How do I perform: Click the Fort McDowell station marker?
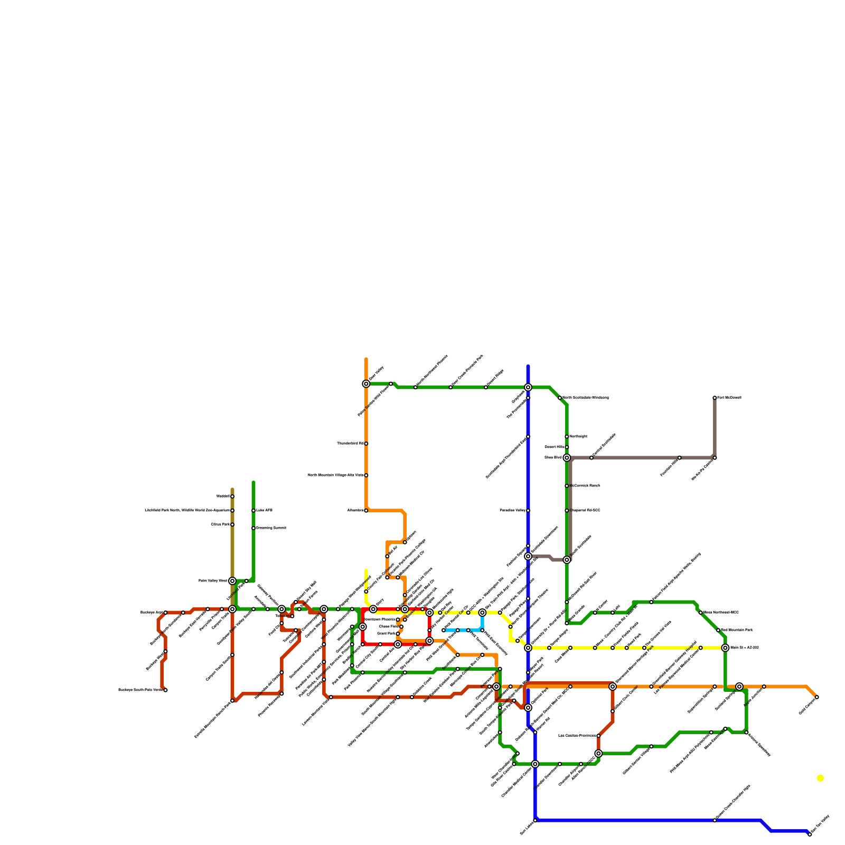click(715, 398)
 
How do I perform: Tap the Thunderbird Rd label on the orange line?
click(350, 444)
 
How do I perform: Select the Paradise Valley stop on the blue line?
click(528, 511)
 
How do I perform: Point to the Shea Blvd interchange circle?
click(567, 458)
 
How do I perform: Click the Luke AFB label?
click(265, 511)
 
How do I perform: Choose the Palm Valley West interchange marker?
click(232, 581)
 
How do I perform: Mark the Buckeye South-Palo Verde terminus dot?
click(165, 690)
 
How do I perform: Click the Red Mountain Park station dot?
click(718, 630)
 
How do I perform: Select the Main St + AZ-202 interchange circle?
click(725, 648)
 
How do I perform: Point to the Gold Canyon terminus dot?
click(817, 697)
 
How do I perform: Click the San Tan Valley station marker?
click(810, 834)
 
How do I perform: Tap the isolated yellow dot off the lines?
click(820, 778)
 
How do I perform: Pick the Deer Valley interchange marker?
click(366, 384)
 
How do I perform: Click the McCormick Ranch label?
click(585, 486)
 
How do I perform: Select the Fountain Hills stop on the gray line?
click(680, 458)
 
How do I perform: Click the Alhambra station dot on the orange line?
click(366, 511)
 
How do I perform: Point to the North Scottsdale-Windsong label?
click(586, 398)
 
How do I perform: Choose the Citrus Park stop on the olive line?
click(232, 524)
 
